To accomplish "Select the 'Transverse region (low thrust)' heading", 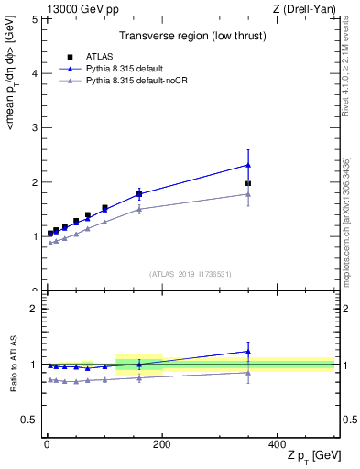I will point(191,38).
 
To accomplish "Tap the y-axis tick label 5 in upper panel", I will point(34,19).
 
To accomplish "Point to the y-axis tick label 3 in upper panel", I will point(34,127).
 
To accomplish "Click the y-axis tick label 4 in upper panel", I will point(34,73).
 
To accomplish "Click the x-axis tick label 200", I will point(161,443).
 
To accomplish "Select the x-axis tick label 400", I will point(277,443).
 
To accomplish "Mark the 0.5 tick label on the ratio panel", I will point(30,420).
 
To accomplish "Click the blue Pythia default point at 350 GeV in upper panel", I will point(248,165).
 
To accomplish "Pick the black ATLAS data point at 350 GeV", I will point(248,183).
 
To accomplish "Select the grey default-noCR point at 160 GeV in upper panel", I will point(139,209).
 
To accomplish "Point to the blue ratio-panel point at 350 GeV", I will point(248,351).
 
